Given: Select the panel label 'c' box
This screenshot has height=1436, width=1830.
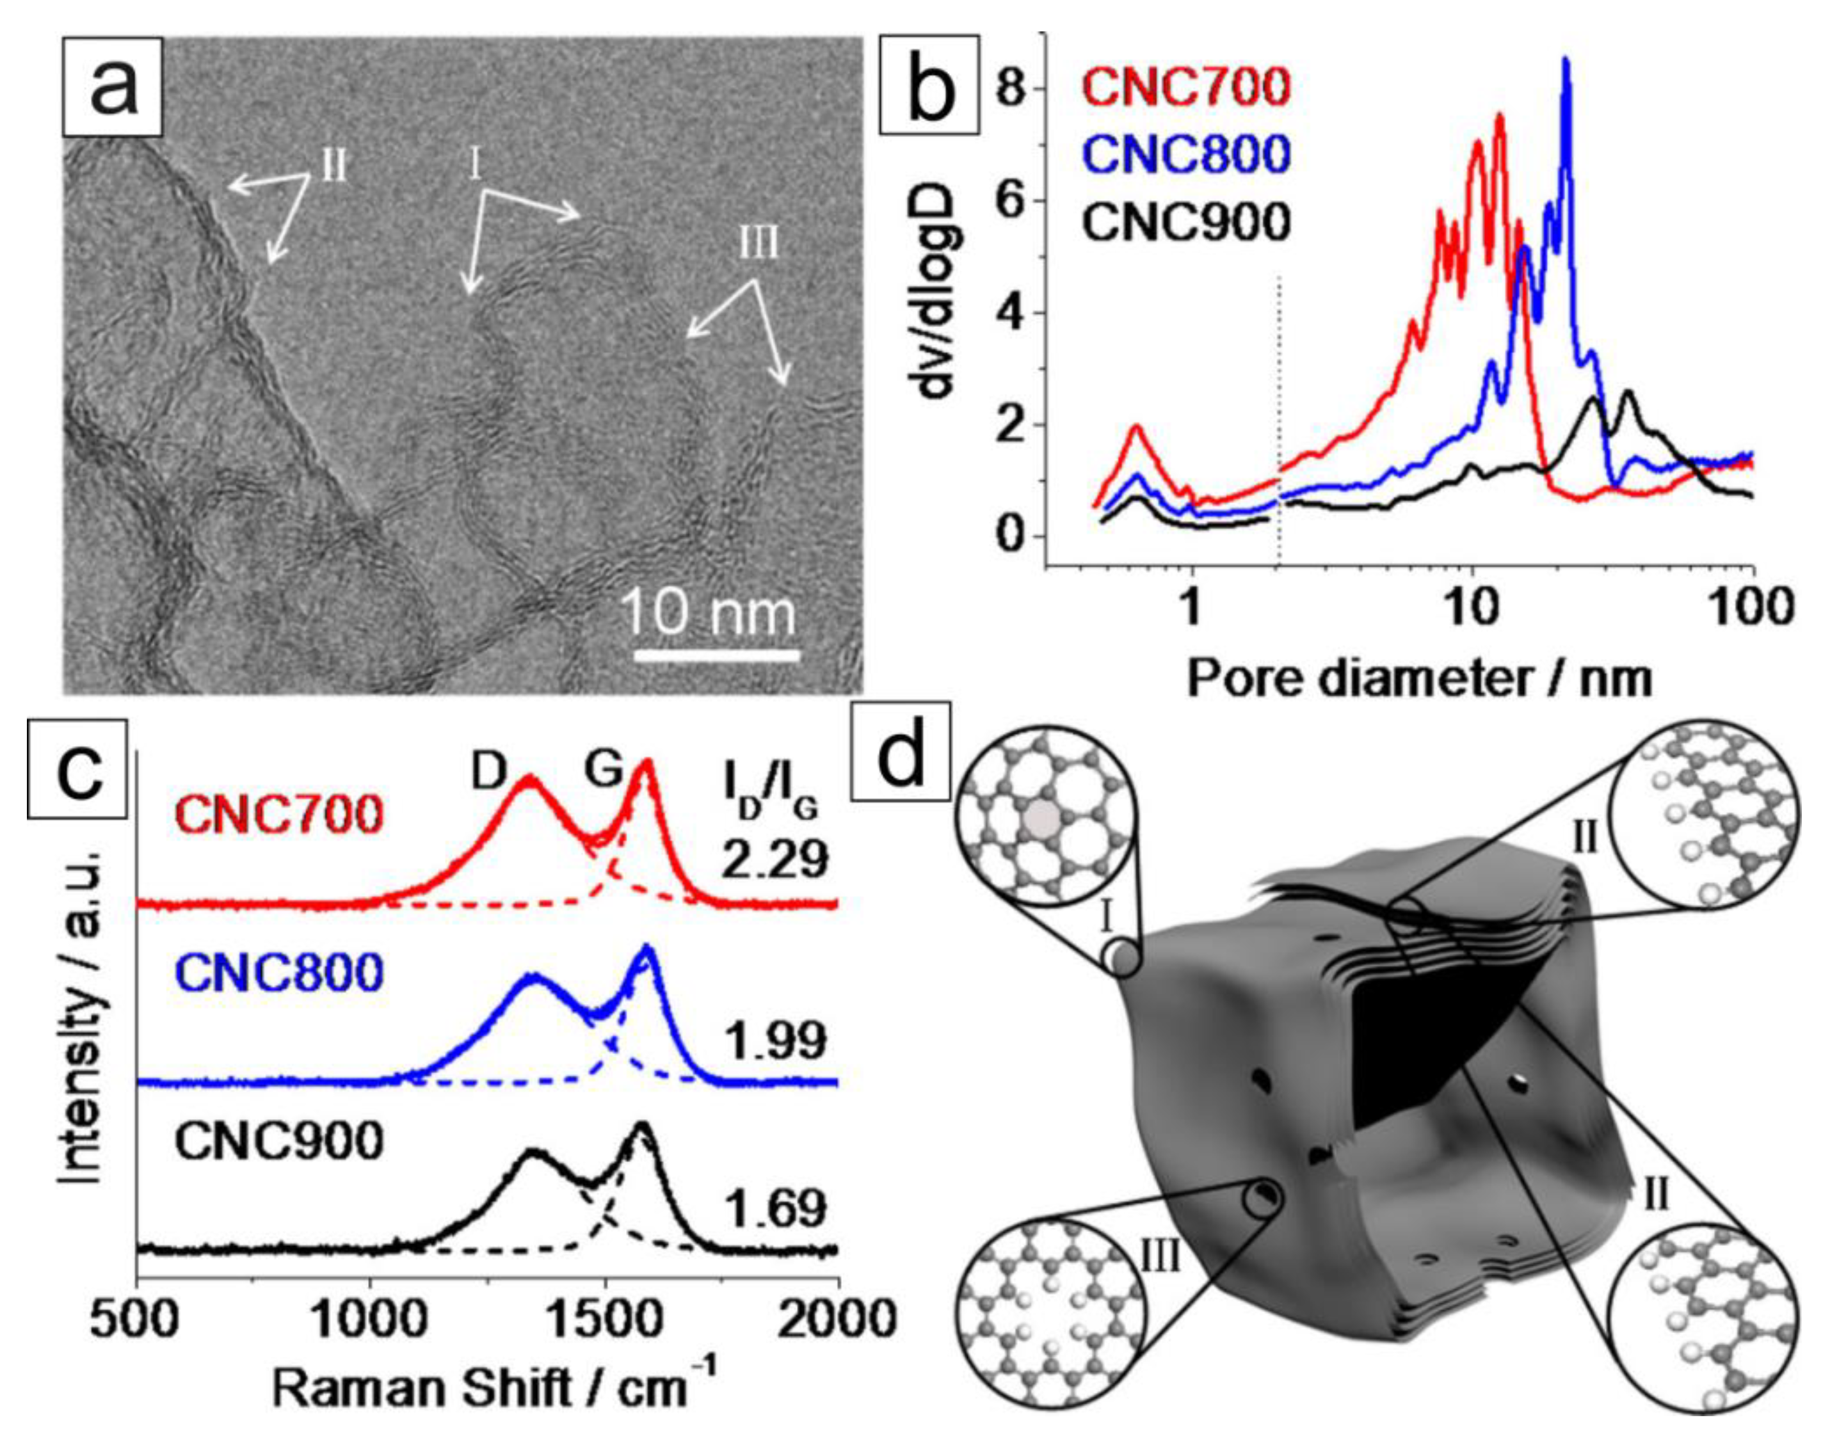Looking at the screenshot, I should point(77,769).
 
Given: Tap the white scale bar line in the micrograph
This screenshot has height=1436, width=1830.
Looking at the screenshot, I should point(716,654).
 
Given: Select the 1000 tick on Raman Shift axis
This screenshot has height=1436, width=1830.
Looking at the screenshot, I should point(370,1320).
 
